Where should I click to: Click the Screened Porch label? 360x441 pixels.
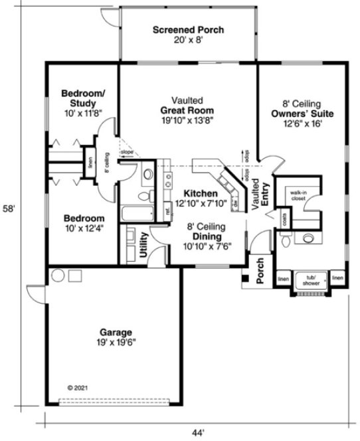pos(188,30)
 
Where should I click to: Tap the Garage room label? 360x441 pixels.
pos(116,331)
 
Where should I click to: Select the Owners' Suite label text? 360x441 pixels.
pos(302,114)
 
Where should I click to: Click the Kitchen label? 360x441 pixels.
pos(197,193)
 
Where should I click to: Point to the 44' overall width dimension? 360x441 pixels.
pos(197,432)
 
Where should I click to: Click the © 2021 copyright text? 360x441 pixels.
pos(78,386)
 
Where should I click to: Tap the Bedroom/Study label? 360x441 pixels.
pos(82,98)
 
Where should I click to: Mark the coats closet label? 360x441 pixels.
pos(284,218)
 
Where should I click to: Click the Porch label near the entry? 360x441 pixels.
pos(260,270)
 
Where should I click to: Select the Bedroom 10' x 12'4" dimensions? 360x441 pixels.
pos(84,228)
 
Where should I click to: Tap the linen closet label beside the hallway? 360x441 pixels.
pos(90,163)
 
